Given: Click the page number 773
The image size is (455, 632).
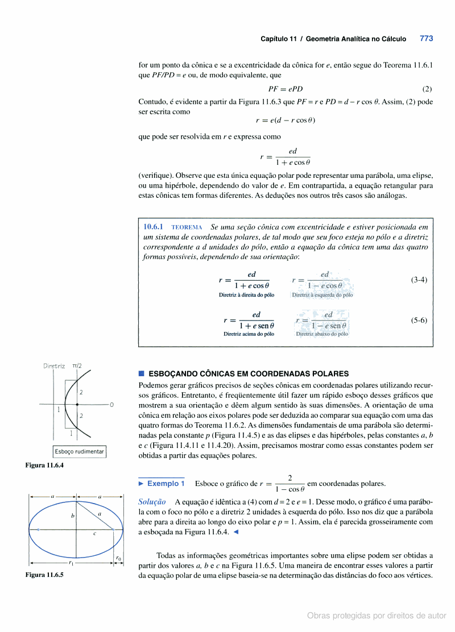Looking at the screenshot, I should [x=426, y=39].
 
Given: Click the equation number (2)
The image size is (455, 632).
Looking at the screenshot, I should [x=427, y=89].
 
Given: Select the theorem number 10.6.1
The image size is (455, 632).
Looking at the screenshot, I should [x=154, y=226].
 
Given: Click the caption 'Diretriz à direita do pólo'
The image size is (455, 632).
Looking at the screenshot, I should [x=246, y=295].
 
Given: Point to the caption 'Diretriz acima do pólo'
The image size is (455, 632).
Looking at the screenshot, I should [x=249, y=334].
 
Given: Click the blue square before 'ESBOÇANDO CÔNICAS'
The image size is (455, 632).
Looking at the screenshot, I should [x=142, y=373].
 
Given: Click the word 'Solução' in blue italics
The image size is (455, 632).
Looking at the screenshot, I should [x=152, y=502].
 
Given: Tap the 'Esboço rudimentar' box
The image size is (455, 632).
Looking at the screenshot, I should [x=80, y=452].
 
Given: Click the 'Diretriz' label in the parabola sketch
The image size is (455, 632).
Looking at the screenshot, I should [x=55, y=366].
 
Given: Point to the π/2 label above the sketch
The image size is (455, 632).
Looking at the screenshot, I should [x=77, y=366].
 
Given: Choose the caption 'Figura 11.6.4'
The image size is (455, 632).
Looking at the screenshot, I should [x=44, y=465].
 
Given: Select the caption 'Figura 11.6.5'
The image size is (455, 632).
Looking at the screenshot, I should [x=44, y=575].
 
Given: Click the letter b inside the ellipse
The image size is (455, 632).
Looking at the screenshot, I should [x=72, y=516].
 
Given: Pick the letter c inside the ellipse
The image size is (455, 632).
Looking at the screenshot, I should [x=94, y=534].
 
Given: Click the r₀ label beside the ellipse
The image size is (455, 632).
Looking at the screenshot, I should [x=118, y=558].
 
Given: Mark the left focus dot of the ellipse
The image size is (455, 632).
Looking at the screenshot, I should [x=38, y=529].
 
